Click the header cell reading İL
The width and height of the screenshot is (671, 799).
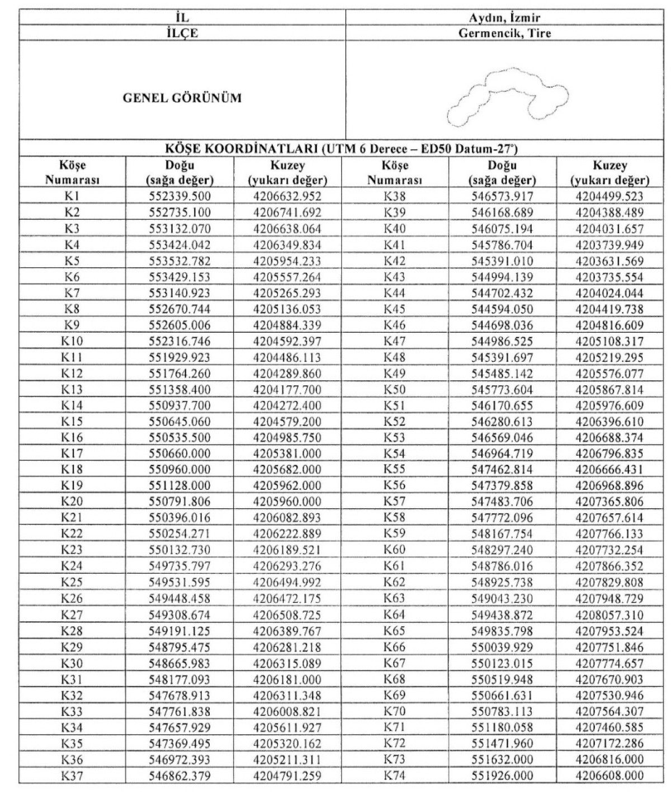182,17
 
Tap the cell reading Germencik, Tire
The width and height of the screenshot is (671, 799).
505,34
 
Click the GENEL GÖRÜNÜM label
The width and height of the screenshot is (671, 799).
182,98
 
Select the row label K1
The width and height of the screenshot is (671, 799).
73,196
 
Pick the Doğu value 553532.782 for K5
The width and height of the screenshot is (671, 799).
181,261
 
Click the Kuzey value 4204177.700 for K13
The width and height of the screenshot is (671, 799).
287,390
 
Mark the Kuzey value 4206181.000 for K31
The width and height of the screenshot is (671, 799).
287,680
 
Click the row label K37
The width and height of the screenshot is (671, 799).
73,776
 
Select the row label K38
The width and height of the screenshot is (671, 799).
395,196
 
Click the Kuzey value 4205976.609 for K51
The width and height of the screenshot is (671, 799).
609,406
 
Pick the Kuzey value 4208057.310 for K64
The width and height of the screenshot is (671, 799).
609,616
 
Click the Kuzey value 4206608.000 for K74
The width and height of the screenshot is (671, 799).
609,776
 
